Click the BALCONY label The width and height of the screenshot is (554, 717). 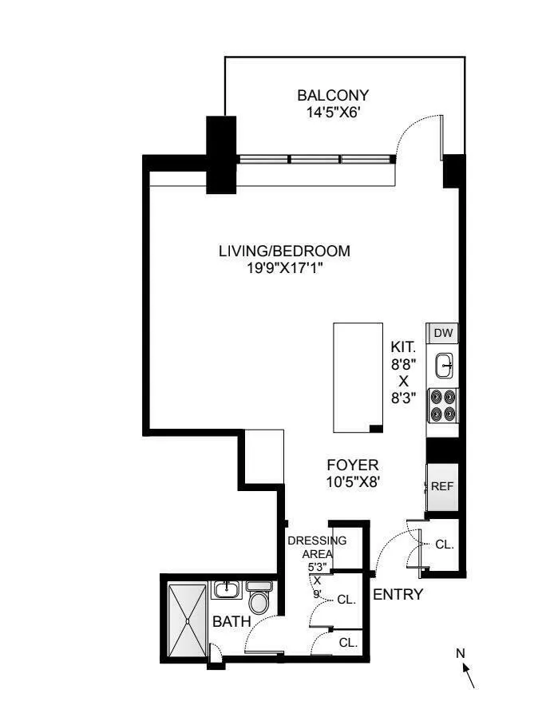pos(333,95)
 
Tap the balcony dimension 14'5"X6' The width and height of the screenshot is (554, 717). pos(333,113)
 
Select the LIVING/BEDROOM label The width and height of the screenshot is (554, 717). pos(284,251)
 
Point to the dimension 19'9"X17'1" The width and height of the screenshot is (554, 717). pos(284,269)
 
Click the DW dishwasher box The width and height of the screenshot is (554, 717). pos(443,333)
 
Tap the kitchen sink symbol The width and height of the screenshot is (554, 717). pos(445,366)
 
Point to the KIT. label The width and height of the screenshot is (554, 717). pos(403,347)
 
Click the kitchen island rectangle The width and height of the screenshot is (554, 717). pos(357,378)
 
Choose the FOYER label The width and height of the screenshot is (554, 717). pos(353,465)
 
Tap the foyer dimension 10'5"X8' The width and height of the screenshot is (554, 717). pos(353,481)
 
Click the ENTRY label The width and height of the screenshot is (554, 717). pos(398,594)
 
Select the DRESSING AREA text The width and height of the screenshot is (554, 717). pos(317,547)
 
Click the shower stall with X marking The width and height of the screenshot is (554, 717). pos(187,619)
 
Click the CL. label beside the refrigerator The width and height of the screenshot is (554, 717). pos(444,545)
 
